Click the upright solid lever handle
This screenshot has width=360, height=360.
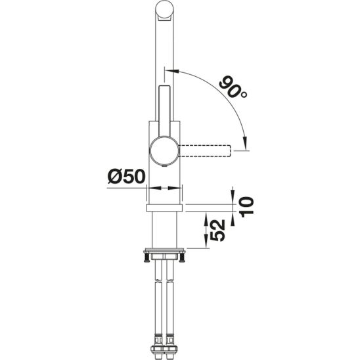pos(164,108)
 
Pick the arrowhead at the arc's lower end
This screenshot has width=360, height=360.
pos(244,145)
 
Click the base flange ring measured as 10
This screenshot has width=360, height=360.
pos(164,207)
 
